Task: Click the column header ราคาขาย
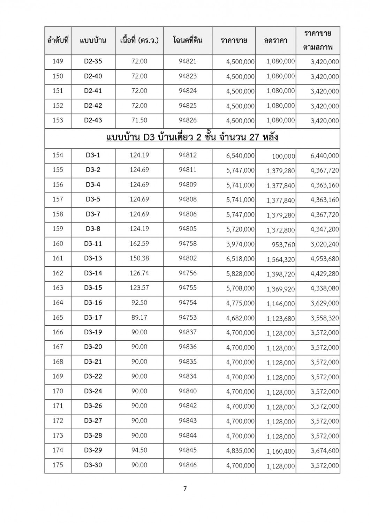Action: [234, 40]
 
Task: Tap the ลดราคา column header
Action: [275, 40]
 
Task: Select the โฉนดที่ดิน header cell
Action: [188, 40]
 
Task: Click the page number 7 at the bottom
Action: [185, 488]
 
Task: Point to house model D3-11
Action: [93, 244]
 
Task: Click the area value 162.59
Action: [139, 244]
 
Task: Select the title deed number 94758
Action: [188, 244]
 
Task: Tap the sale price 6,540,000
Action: [240, 156]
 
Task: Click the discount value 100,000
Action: [283, 156]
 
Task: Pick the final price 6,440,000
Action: [325, 156]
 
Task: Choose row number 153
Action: [58, 120]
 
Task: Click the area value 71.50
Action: [139, 120]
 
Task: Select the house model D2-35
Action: [93, 61]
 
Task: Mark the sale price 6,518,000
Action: [240, 259]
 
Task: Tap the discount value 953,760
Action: [283, 245]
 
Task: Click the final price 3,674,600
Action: [325, 451]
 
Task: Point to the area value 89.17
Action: [139, 317]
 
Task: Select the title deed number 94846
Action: [188, 465]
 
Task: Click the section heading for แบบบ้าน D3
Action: [192, 138]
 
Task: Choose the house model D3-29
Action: [93, 450]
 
